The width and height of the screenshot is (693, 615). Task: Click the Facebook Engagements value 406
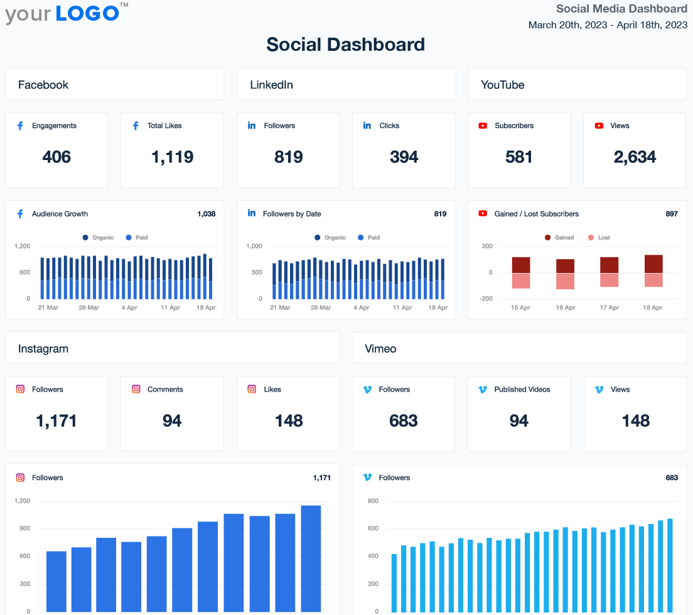click(x=56, y=157)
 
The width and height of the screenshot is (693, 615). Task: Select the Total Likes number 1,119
click(x=172, y=157)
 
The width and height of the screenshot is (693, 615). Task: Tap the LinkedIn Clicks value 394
click(x=404, y=157)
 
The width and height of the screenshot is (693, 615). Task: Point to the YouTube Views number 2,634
click(x=635, y=157)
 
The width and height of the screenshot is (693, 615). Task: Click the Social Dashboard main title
click(x=346, y=45)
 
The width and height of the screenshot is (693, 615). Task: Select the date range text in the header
click(x=608, y=25)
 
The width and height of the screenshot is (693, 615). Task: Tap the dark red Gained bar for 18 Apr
click(x=653, y=264)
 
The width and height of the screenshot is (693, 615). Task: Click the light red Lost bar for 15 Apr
click(x=521, y=281)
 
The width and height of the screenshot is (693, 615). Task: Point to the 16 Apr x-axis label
click(x=565, y=307)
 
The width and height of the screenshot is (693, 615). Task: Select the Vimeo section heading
click(x=380, y=348)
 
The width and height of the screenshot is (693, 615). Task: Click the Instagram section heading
click(x=43, y=348)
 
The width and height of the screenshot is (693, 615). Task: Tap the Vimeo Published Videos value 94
click(x=519, y=420)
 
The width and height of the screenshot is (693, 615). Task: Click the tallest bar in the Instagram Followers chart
click(x=311, y=558)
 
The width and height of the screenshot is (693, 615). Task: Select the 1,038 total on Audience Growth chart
click(x=206, y=214)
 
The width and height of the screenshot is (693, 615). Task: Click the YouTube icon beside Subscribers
click(x=483, y=126)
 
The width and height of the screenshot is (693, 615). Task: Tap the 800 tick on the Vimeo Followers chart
click(x=372, y=501)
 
